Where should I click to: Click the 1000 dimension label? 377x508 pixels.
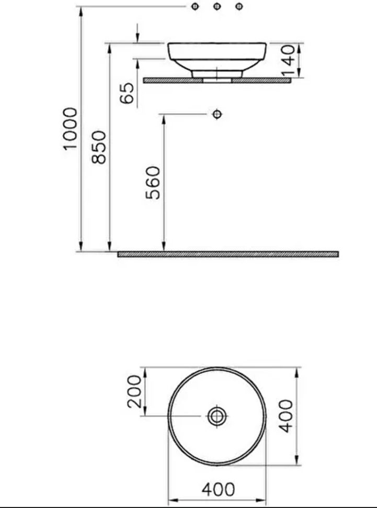[70, 129]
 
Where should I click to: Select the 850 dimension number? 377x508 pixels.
[99, 147]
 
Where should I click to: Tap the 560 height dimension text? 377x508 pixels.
[153, 183]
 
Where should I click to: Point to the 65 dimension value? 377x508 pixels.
[127, 93]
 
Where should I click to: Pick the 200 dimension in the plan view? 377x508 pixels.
[134, 391]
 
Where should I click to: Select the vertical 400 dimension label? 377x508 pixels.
[286, 416]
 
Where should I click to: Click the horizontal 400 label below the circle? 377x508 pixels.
[218, 490]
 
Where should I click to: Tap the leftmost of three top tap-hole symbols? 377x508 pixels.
[195, 6]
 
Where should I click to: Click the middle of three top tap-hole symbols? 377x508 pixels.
[217, 6]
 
